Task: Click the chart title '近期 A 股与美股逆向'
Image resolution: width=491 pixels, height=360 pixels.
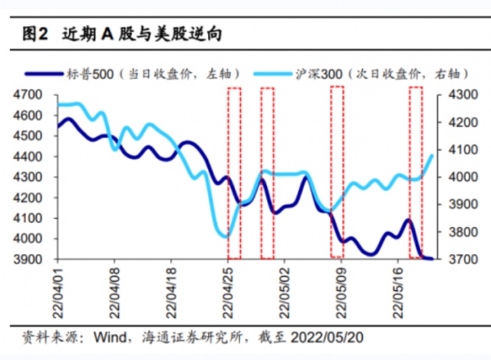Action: point(141,34)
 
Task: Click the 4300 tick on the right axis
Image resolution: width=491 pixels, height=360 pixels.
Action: point(453,94)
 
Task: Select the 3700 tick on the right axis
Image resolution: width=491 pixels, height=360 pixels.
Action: point(453,259)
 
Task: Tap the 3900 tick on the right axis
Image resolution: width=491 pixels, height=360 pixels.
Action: point(453,204)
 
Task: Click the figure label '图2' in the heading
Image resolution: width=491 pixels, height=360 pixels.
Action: point(35,34)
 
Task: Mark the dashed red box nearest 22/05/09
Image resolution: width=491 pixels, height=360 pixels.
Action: point(336,172)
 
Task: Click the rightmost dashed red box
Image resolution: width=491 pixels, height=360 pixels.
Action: point(415,172)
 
